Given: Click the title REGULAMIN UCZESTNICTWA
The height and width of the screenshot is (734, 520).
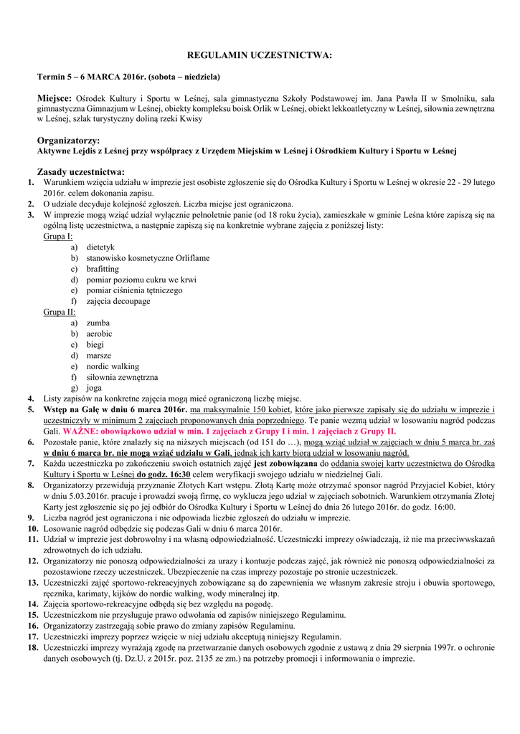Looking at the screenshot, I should tap(260, 54).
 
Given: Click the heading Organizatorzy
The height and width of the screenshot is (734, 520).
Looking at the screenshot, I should tap(68, 140).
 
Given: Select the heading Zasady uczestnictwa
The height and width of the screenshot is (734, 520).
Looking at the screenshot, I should tap(80, 171).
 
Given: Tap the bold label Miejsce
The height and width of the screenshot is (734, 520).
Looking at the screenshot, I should tap(55, 97).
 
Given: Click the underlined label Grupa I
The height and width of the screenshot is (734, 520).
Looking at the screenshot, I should tap(58, 236).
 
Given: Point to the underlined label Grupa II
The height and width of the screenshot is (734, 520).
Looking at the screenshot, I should tap(60, 312).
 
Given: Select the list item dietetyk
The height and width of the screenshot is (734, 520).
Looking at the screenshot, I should tap(100, 247).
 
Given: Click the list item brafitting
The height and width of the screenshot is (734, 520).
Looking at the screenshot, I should tap(103, 269).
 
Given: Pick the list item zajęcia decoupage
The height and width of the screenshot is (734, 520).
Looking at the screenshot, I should tap(118, 301).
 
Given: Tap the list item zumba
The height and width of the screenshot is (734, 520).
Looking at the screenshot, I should tap(98, 323).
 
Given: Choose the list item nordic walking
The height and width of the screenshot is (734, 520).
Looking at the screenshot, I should tap(113, 366).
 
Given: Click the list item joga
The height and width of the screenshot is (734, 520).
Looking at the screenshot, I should tap(94, 388).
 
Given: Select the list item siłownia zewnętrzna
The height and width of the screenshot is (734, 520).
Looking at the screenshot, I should tap(122, 377).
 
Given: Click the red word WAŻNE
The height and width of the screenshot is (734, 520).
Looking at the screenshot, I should tap(82, 432).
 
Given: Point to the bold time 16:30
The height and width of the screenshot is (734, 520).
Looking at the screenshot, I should tap(179, 474).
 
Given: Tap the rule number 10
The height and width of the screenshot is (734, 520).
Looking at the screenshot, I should tap(33, 528).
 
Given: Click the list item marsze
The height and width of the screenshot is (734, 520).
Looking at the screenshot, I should tap(100, 356).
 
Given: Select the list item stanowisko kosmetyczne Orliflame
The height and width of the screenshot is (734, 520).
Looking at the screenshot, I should tap(148, 258).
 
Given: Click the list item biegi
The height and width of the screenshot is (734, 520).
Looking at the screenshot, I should tap(95, 345).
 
